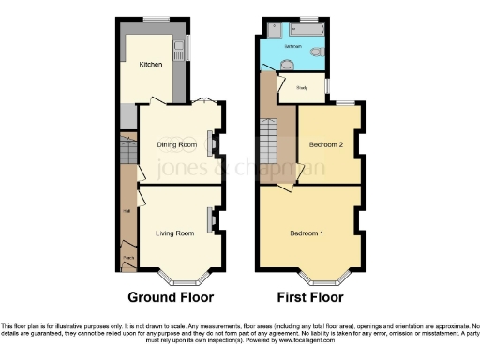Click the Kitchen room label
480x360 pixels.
(151, 65)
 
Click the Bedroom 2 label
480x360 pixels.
(325, 144)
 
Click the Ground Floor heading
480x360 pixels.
(171, 297)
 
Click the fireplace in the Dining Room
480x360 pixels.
(211, 143)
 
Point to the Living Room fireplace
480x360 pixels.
(211, 221)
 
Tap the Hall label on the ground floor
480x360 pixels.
(126, 211)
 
